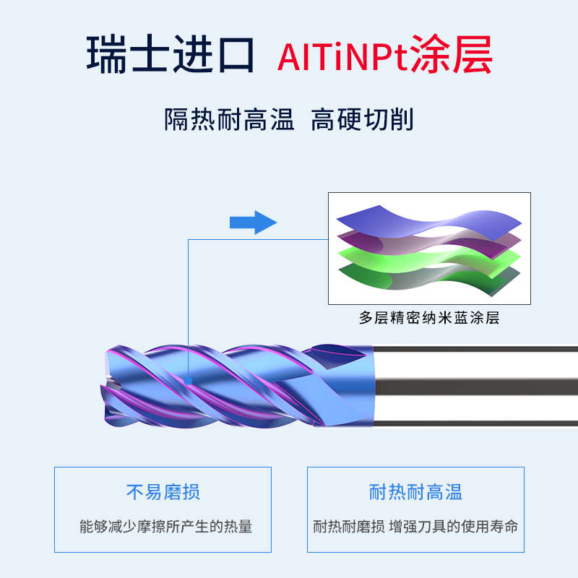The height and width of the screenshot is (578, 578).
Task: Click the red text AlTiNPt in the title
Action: [342, 56]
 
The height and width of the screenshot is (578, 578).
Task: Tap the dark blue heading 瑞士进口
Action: [171, 56]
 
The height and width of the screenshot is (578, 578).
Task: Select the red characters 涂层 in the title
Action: [452, 56]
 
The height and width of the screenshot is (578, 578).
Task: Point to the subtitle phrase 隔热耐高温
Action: [229, 119]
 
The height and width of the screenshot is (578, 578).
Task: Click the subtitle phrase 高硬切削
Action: [362, 119]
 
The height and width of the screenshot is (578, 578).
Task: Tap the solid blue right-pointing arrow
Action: [253, 223]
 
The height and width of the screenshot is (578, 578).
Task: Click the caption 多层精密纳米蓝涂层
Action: [429, 318]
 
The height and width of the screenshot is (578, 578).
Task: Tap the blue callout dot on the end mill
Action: [188, 379]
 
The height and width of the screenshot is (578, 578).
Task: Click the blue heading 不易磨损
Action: [163, 493]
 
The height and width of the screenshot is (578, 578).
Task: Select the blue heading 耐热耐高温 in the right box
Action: [415, 493]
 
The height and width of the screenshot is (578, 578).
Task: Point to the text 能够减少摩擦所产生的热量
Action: [165, 527]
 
